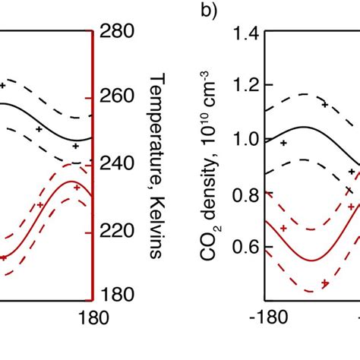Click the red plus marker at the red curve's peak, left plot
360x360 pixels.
pos(76,185)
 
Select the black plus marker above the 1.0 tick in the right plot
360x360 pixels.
pos(283,142)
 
